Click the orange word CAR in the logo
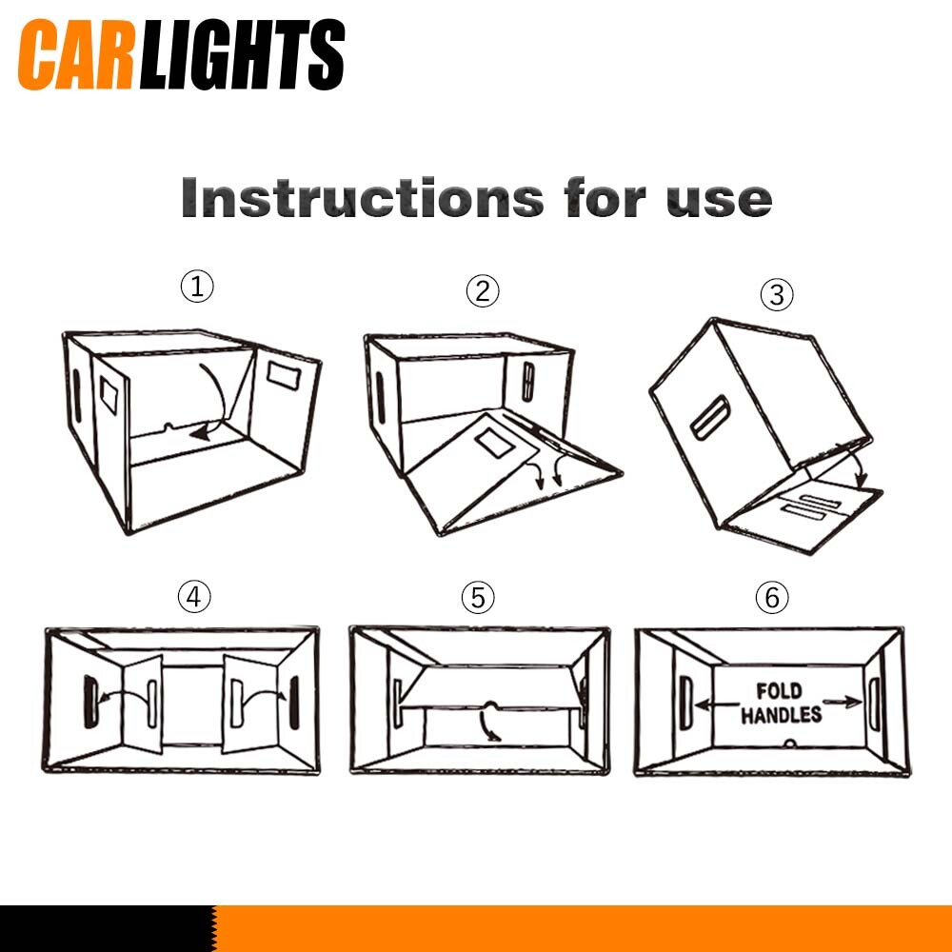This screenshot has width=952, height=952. (75, 54)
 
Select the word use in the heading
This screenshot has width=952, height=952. (719, 199)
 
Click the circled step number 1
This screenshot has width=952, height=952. (197, 286)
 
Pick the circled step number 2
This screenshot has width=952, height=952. (483, 290)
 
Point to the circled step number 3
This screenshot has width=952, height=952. (777, 295)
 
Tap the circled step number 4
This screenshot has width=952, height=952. (194, 597)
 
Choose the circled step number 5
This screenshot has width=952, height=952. (478, 598)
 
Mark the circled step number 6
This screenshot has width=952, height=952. (772, 598)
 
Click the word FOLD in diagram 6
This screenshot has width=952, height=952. (779, 691)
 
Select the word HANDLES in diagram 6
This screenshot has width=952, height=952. (782, 715)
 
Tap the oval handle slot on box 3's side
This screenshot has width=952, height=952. (710, 417)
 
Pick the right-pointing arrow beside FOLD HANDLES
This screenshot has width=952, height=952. (843, 703)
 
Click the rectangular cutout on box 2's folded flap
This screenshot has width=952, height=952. (495, 443)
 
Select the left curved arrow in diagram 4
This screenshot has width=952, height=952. (125, 697)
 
